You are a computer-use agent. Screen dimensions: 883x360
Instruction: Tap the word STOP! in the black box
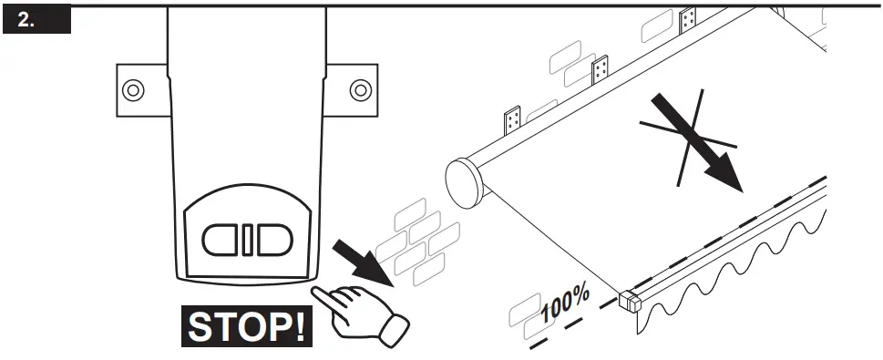pos(246,325)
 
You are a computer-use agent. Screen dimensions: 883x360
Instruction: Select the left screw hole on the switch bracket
pos(133,89)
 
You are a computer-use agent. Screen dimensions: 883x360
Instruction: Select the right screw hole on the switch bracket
pos(361,89)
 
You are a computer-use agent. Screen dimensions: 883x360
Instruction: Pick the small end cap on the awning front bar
pos(629,300)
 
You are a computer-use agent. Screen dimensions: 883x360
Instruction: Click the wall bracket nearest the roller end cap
pos(512,121)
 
